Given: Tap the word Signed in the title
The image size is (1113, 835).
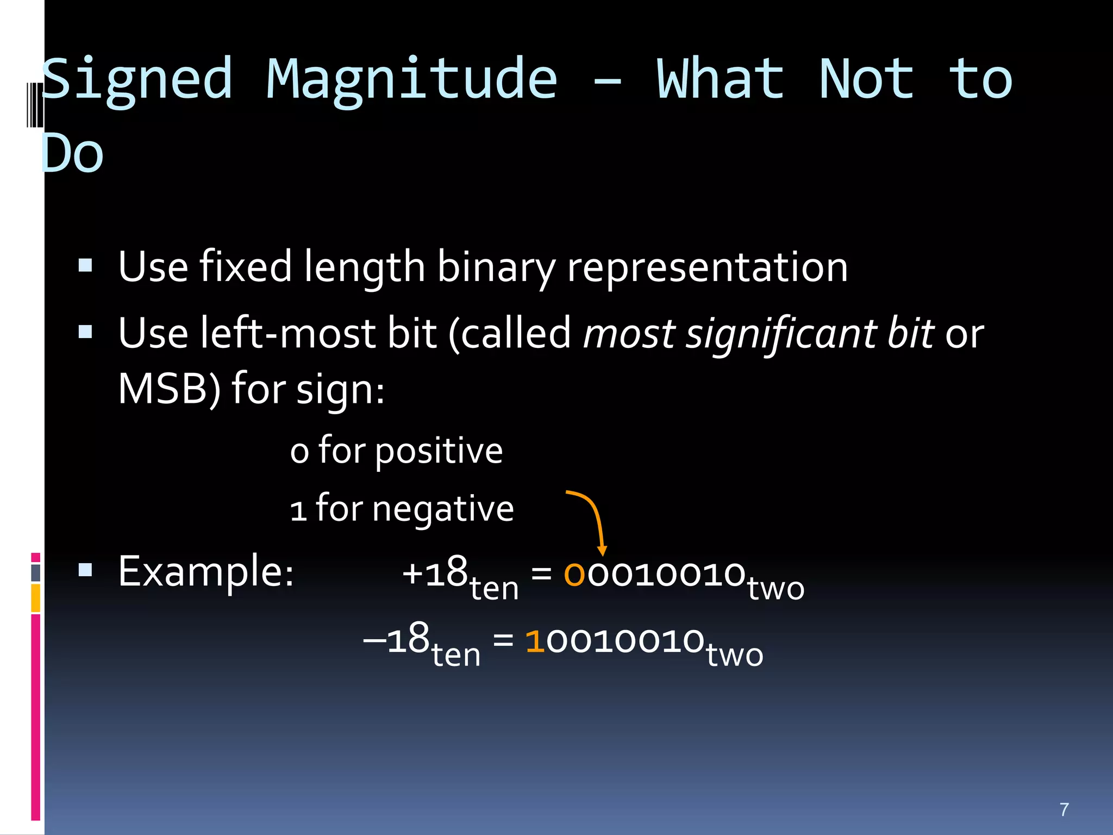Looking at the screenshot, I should (137, 80).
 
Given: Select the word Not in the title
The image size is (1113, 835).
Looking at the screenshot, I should (866, 80).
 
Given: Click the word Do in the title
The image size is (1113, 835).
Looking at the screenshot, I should (72, 154).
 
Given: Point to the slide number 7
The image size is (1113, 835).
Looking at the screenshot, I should (1064, 809).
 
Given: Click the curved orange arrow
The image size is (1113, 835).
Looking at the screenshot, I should (595, 516).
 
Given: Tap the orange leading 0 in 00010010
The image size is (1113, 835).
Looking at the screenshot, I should (574, 574).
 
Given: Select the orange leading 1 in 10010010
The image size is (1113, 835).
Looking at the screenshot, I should (535, 640).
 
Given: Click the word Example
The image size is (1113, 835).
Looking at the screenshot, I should (206, 572).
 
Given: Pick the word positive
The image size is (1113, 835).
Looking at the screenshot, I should (439, 451).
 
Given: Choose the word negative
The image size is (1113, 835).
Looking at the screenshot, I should (442, 509).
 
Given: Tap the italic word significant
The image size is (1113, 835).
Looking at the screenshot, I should (781, 334).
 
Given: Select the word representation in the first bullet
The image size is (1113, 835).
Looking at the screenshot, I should (706, 267).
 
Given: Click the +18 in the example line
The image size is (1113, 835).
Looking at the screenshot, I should (435, 572).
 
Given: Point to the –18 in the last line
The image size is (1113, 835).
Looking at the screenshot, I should (396, 639).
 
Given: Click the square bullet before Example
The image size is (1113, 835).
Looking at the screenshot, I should (85, 570).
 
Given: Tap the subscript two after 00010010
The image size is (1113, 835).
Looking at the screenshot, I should (776, 589).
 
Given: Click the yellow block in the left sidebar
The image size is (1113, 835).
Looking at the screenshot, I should (36, 598).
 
